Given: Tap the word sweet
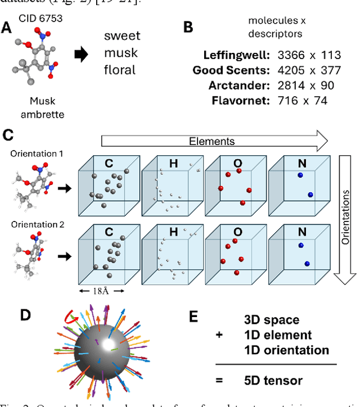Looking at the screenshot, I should coord(122,37).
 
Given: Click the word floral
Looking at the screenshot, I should coord(120,70).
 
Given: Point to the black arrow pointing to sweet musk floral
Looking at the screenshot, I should coord(82,55).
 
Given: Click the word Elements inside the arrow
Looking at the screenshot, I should coord(211,141).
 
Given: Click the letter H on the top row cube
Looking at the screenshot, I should coord(173,164).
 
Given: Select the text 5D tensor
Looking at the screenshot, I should coord(273,381).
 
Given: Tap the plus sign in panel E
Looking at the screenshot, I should coord(219,334).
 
